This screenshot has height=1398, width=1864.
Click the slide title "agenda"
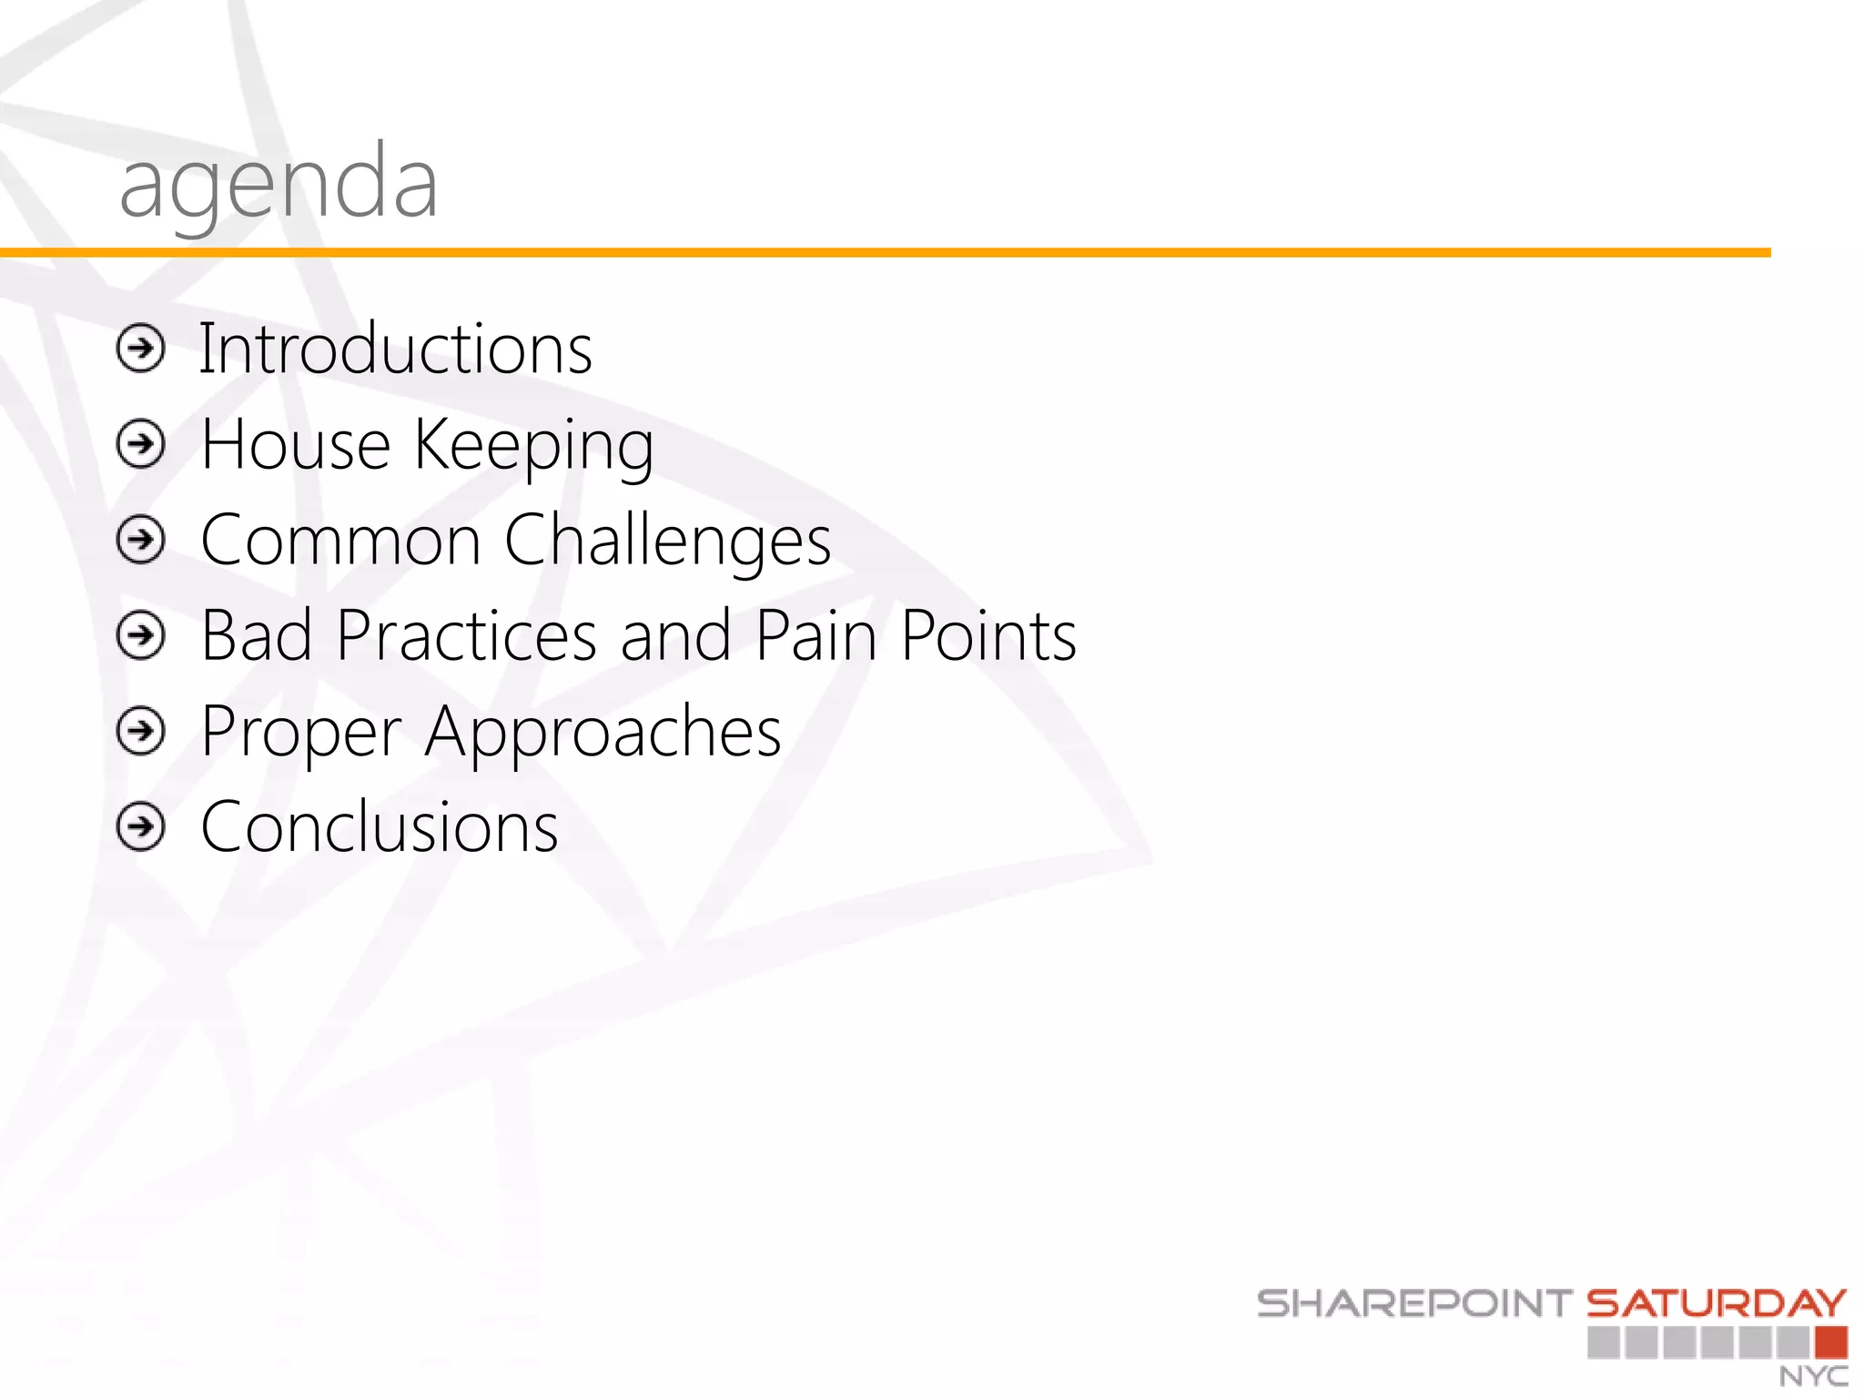coord(279,185)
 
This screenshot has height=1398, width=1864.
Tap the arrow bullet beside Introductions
coord(141,349)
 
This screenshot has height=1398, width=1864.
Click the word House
coord(296,444)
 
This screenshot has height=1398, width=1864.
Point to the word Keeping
coord(534,446)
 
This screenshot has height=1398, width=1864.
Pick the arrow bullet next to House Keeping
coord(141,444)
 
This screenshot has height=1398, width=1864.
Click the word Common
coord(340,540)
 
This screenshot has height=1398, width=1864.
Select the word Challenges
coord(667,542)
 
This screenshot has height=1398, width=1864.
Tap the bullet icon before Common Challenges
coord(141,540)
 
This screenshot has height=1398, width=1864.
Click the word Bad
coord(256,635)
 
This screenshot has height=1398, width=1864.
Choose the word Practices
coord(466,635)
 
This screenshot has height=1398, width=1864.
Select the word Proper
coord(301,733)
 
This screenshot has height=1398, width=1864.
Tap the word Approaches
coord(603,733)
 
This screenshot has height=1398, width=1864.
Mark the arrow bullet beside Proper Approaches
coord(141,731)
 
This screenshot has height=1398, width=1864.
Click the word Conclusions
coord(380,827)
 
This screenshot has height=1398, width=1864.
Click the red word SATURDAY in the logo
coord(1717,1303)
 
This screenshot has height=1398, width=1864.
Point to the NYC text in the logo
coord(1813,1376)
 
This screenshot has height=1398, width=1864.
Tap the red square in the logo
coord(1830,1342)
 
